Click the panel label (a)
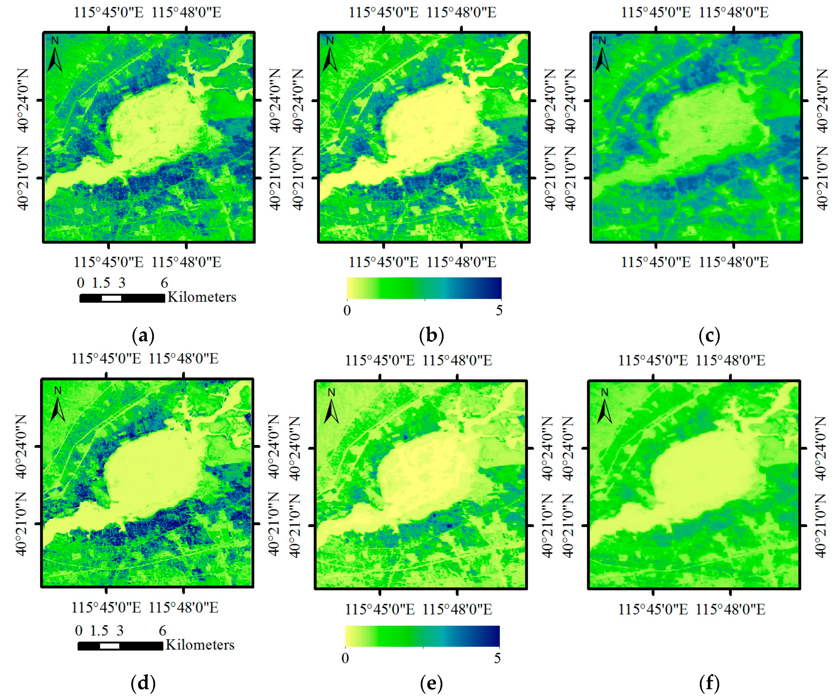[x=143, y=336]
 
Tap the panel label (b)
[x=431, y=336]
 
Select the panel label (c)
[x=709, y=336]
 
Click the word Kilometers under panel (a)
[x=202, y=297]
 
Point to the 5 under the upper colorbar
[x=499, y=310]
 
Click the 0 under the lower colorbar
[x=345, y=658]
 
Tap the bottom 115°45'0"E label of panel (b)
[x=384, y=262]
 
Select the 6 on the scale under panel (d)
[x=162, y=631]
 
